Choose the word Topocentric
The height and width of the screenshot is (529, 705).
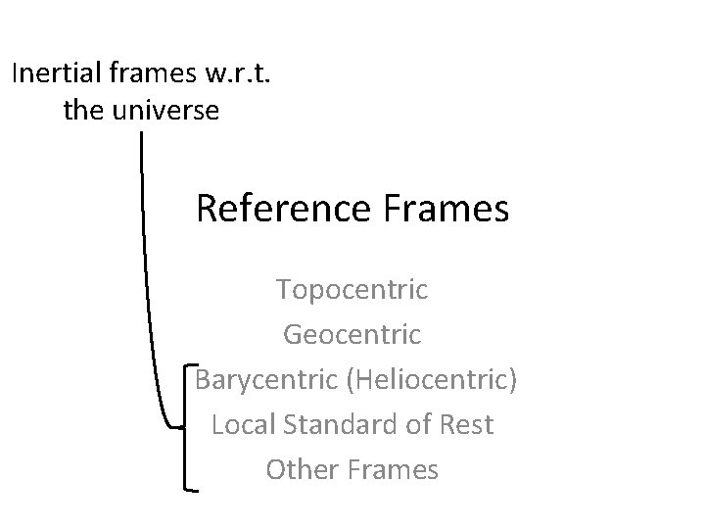(352, 290)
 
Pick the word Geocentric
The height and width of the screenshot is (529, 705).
(352, 335)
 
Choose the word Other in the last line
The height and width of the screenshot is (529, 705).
(301, 470)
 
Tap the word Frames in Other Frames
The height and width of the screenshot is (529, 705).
(391, 470)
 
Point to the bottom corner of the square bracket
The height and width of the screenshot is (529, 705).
(187, 488)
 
